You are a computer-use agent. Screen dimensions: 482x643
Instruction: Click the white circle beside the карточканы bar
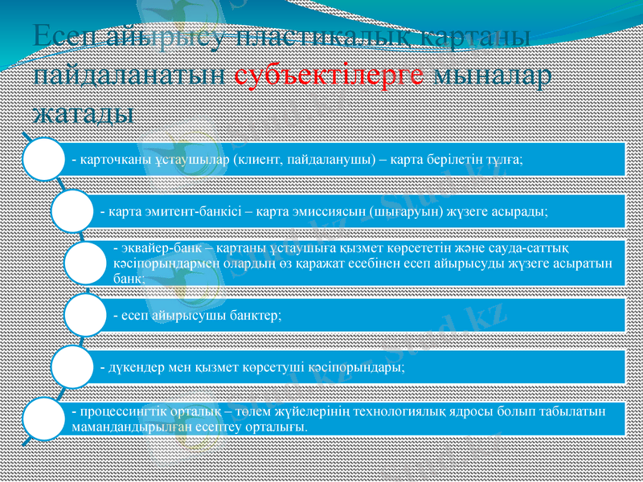point(42,158)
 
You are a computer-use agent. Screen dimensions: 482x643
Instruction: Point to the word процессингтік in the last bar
point(121,412)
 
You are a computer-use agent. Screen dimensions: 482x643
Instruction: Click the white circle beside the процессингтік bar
point(42,419)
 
